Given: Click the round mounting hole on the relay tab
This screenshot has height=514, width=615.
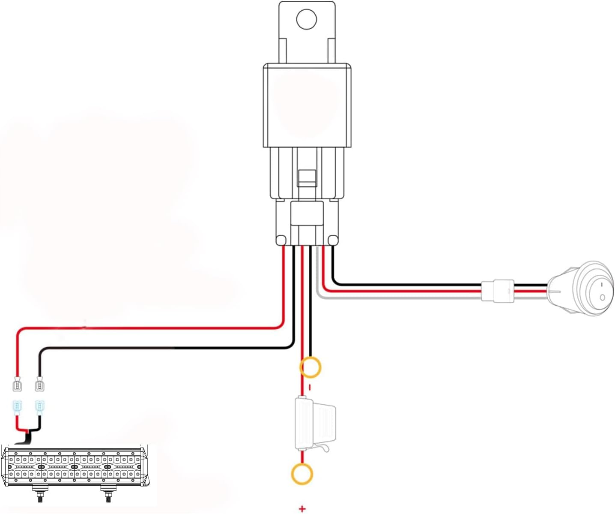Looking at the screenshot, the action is (x=307, y=19).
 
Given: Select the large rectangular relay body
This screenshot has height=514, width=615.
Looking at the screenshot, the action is (x=307, y=105).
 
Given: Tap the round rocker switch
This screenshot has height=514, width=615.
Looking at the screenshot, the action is (x=581, y=289).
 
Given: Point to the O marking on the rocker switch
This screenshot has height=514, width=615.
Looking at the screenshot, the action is (x=602, y=297).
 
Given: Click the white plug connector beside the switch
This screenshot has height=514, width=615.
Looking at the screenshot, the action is (x=497, y=291).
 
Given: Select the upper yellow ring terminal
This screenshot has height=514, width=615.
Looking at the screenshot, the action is (x=310, y=367).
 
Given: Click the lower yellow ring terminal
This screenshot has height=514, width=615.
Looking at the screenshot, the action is (x=302, y=474).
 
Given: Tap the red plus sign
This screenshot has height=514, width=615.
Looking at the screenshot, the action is (x=302, y=509).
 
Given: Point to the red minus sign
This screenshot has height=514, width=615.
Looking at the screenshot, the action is (x=309, y=388).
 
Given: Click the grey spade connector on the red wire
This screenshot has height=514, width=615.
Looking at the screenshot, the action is (x=17, y=384).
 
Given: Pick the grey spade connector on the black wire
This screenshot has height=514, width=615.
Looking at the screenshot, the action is (x=39, y=384).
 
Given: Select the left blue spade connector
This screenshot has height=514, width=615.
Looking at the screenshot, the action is (x=17, y=407).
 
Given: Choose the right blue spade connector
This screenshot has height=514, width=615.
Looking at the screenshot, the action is (x=40, y=407).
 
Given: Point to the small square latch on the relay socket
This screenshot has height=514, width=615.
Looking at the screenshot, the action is (x=307, y=177).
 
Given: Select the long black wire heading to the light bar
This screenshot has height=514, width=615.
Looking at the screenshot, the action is (x=171, y=348).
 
